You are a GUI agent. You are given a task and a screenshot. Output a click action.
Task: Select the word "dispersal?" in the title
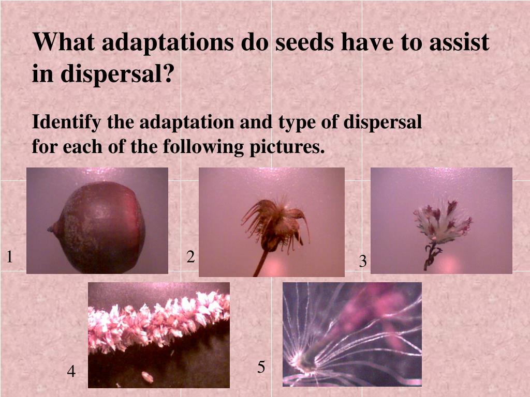[x=117, y=74]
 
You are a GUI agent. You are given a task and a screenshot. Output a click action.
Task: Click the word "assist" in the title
[x=459, y=42]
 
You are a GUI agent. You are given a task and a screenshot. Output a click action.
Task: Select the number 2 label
[x=190, y=256]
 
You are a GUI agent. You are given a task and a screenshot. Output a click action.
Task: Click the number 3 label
[x=363, y=262]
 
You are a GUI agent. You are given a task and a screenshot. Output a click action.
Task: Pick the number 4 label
[x=71, y=371]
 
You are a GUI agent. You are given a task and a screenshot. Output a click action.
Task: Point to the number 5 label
[x=261, y=367]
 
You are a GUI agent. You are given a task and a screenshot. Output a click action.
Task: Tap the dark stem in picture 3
[x=430, y=256]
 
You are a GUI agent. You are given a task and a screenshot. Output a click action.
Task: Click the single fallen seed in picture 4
[x=148, y=377]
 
